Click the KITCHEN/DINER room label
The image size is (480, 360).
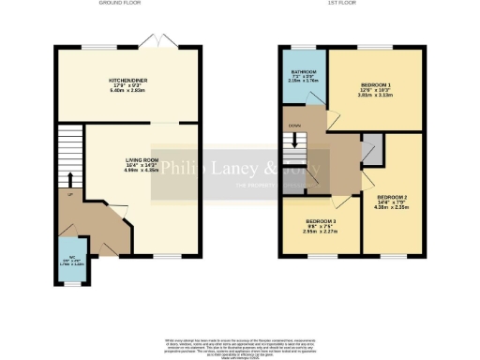[x=127, y=82]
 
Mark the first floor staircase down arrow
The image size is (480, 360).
[x=301, y=143]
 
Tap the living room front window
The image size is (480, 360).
[x=166, y=256]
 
